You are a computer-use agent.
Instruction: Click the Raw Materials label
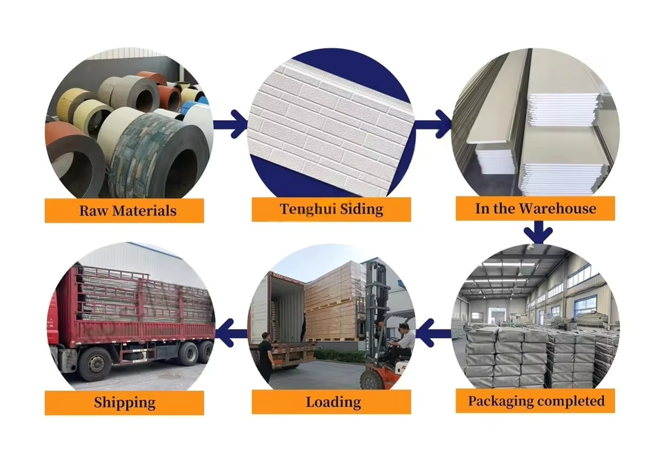click(x=124, y=210)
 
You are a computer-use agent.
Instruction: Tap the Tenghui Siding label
click(x=332, y=209)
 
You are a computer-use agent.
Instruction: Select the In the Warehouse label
click(x=535, y=208)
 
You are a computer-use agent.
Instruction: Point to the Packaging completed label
click(x=535, y=401)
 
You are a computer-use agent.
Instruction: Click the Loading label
click(x=332, y=401)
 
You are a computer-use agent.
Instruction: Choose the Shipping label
click(x=124, y=403)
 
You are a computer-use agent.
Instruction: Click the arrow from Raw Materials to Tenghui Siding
click(x=230, y=123)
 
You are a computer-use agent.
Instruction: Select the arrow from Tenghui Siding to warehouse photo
click(x=434, y=123)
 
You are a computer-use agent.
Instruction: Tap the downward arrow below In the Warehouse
click(x=537, y=232)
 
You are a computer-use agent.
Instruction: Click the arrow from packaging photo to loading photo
click(x=434, y=333)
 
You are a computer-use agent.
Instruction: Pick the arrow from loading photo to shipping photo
click(x=232, y=333)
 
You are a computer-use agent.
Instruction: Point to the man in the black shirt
click(x=265, y=357)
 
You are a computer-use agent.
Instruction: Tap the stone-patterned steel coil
click(x=159, y=159)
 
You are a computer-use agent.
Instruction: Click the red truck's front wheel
click(x=95, y=365)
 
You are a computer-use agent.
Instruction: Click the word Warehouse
click(x=557, y=208)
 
